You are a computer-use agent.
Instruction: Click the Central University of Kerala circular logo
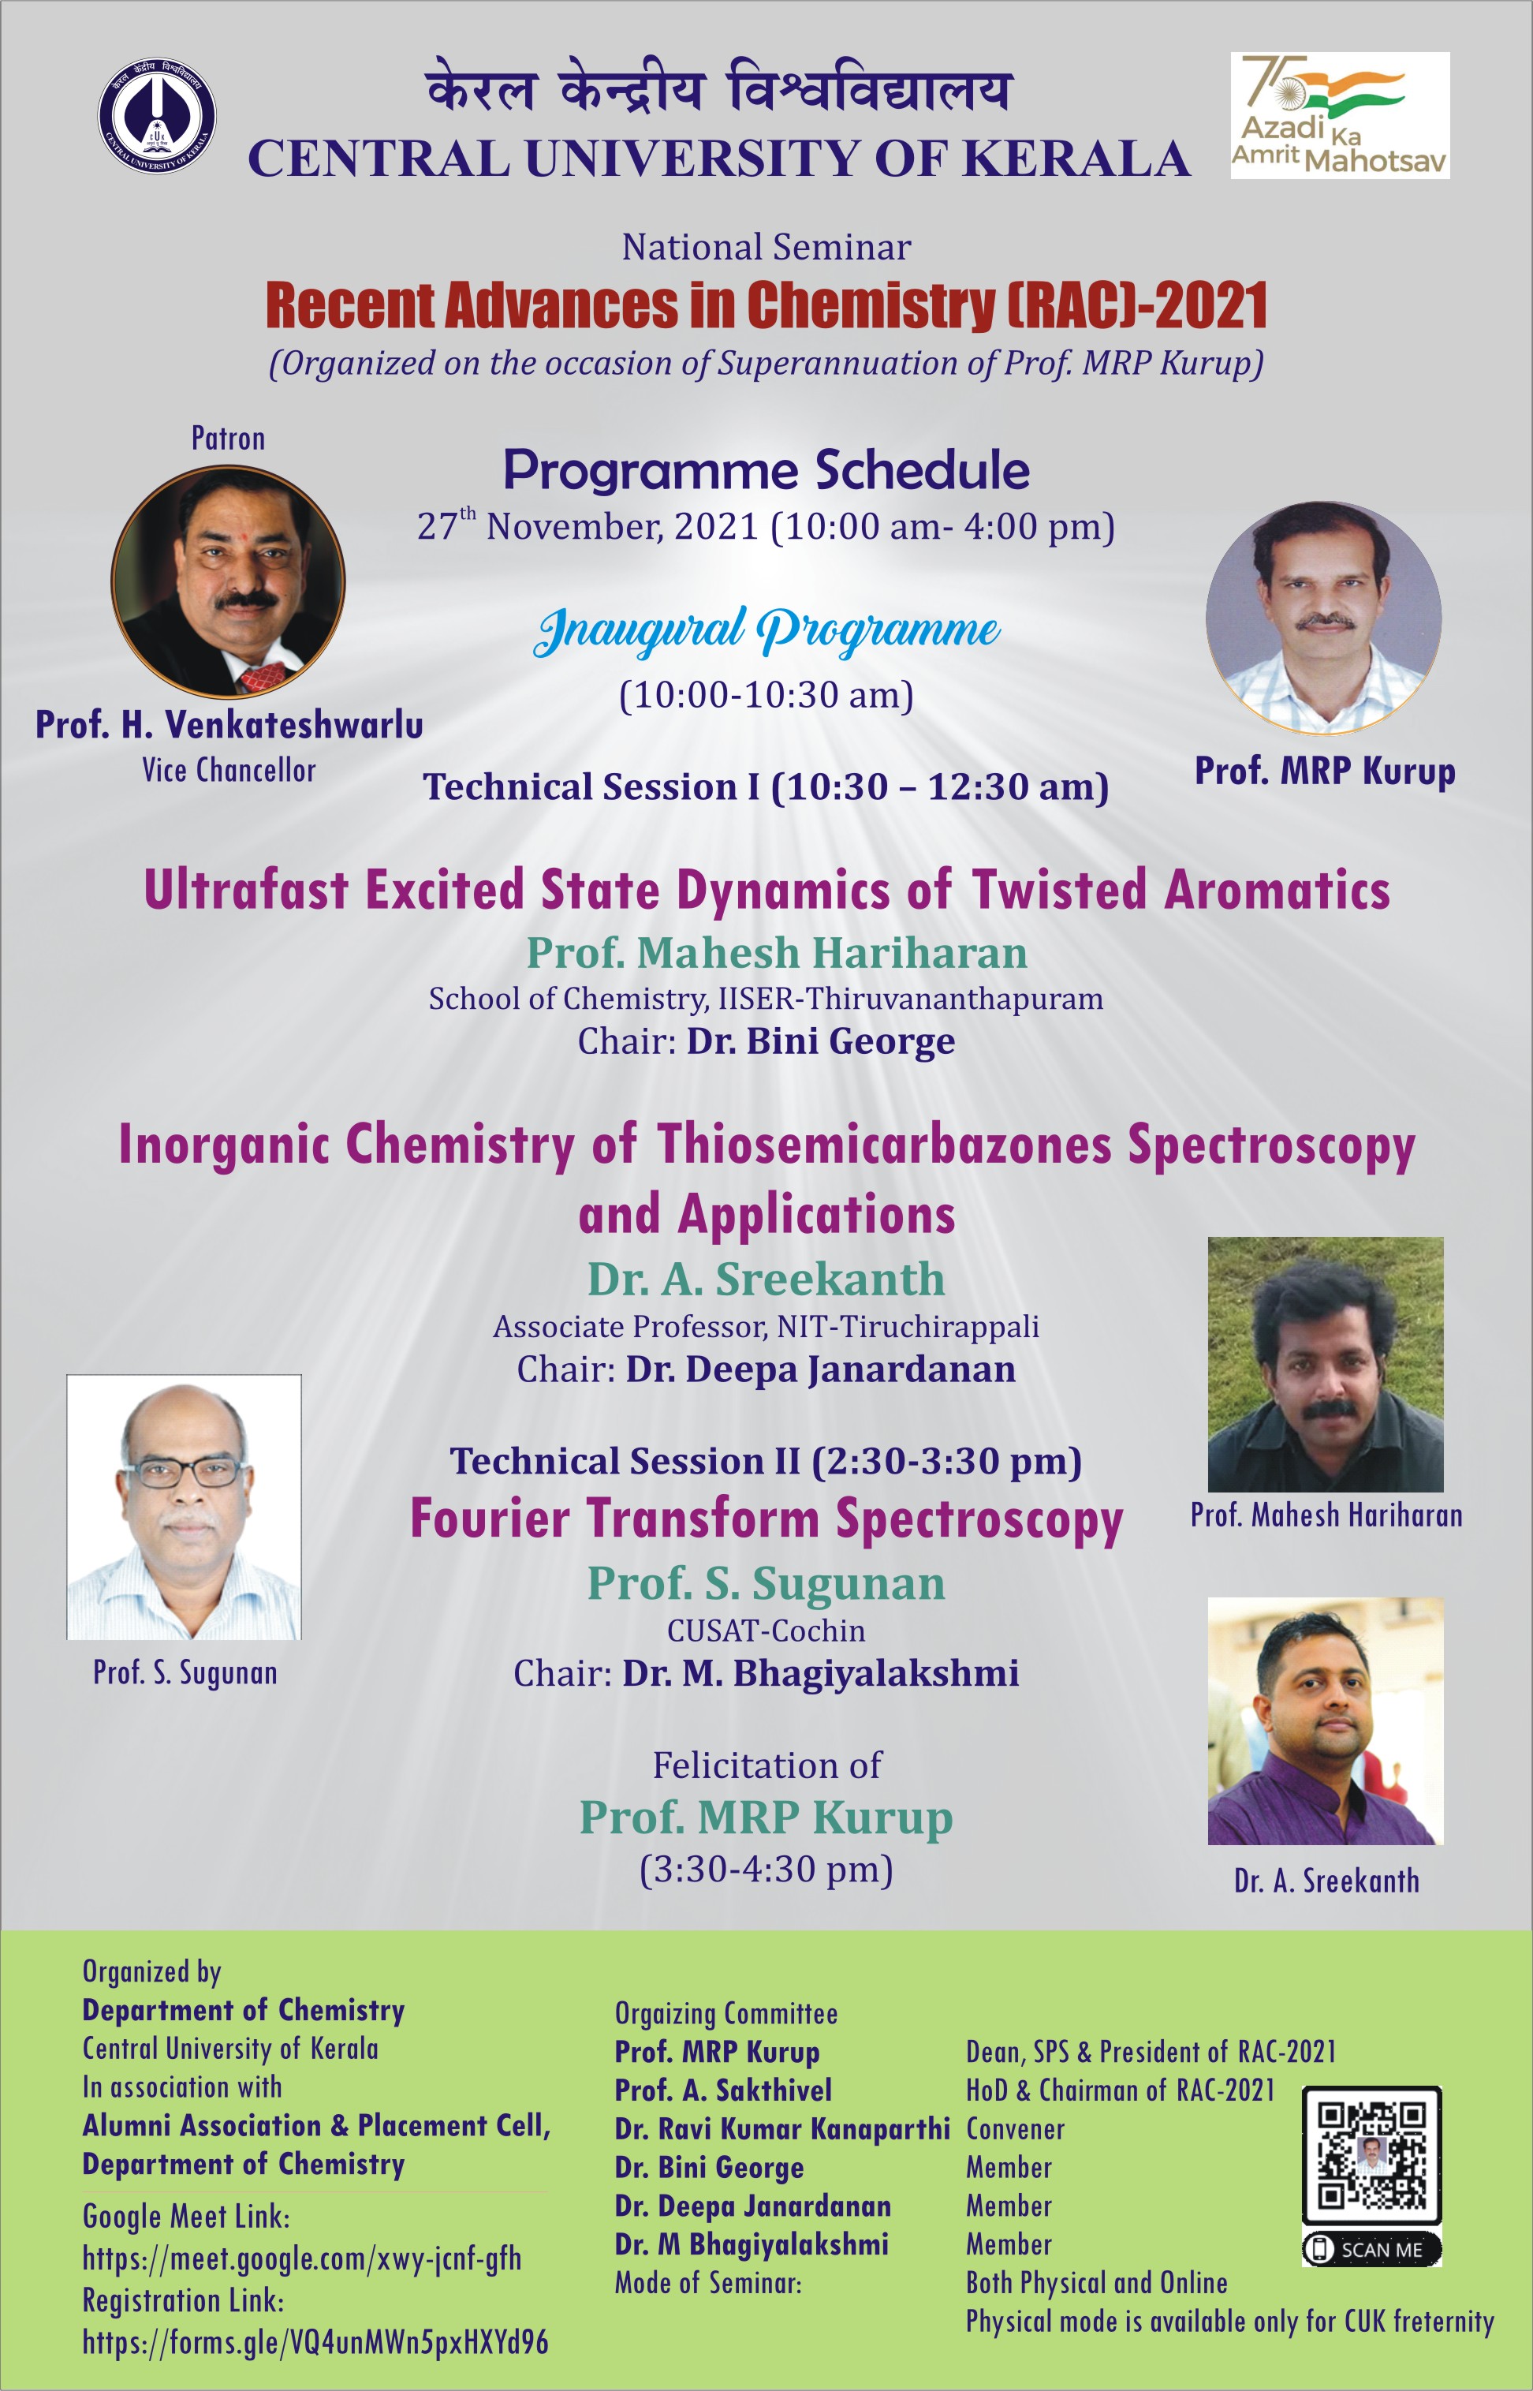[x=157, y=115]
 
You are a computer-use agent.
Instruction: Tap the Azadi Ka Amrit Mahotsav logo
[x=1340, y=115]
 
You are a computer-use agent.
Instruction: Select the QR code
[x=1373, y=2155]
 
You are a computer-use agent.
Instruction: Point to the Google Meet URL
[x=301, y=2258]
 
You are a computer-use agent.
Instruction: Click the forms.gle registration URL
[x=315, y=2342]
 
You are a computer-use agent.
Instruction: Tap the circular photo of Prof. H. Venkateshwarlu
[x=228, y=581]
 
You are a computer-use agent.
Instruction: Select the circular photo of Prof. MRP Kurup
[x=1324, y=618]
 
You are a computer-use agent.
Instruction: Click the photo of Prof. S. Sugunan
[x=185, y=1507]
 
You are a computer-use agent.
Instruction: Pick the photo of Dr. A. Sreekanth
[x=1325, y=1722]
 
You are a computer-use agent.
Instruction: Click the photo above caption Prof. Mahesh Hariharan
[x=1325, y=1364]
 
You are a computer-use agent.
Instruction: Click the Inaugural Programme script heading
[x=766, y=631]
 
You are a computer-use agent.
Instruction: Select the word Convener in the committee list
[x=1016, y=2129]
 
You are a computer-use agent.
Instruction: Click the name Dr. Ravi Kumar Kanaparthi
[x=782, y=2129]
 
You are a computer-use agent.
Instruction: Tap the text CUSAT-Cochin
[x=766, y=1631]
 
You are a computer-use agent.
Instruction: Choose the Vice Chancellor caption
[x=229, y=770]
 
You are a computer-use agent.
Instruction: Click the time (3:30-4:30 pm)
[x=766, y=1870]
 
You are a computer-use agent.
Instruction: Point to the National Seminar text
[x=766, y=247]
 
